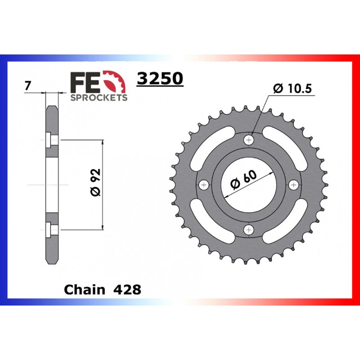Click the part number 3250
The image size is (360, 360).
pyautogui.click(x=160, y=78)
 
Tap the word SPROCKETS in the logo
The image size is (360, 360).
pyautogui.click(x=99, y=97)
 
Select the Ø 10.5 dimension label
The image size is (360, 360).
pyautogui.click(x=292, y=88)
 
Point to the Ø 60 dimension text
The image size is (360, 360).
pyautogui.click(x=244, y=180)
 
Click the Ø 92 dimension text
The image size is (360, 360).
pyautogui.click(x=95, y=183)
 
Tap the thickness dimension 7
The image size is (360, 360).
pyautogui.click(x=27, y=86)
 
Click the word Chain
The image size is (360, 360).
pyautogui.click(x=85, y=290)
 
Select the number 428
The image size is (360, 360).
pyautogui.click(x=127, y=290)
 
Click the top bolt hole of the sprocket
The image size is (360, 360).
pyautogui.click(x=249, y=139)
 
